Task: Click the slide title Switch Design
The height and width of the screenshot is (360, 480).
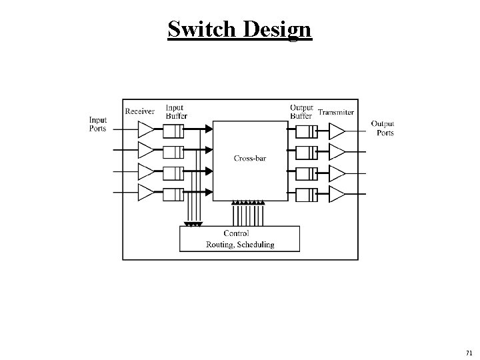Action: coord(239,29)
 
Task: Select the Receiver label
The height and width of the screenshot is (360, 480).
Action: coord(140,111)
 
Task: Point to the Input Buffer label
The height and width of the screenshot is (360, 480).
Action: coord(175,111)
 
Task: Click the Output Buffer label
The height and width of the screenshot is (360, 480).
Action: coord(301,111)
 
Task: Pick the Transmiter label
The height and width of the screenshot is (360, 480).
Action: coord(336,112)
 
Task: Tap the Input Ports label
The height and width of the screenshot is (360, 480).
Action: coord(97,124)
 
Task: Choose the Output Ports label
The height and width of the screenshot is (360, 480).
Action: coord(383,128)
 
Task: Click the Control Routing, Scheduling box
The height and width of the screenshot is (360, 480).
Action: coord(239,239)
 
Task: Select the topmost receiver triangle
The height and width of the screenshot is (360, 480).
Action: coord(145,128)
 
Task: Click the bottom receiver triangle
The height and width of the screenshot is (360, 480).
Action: coord(145,194)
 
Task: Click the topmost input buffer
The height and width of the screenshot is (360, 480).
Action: coord(173,129)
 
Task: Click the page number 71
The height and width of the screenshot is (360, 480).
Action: coord(469,352)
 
